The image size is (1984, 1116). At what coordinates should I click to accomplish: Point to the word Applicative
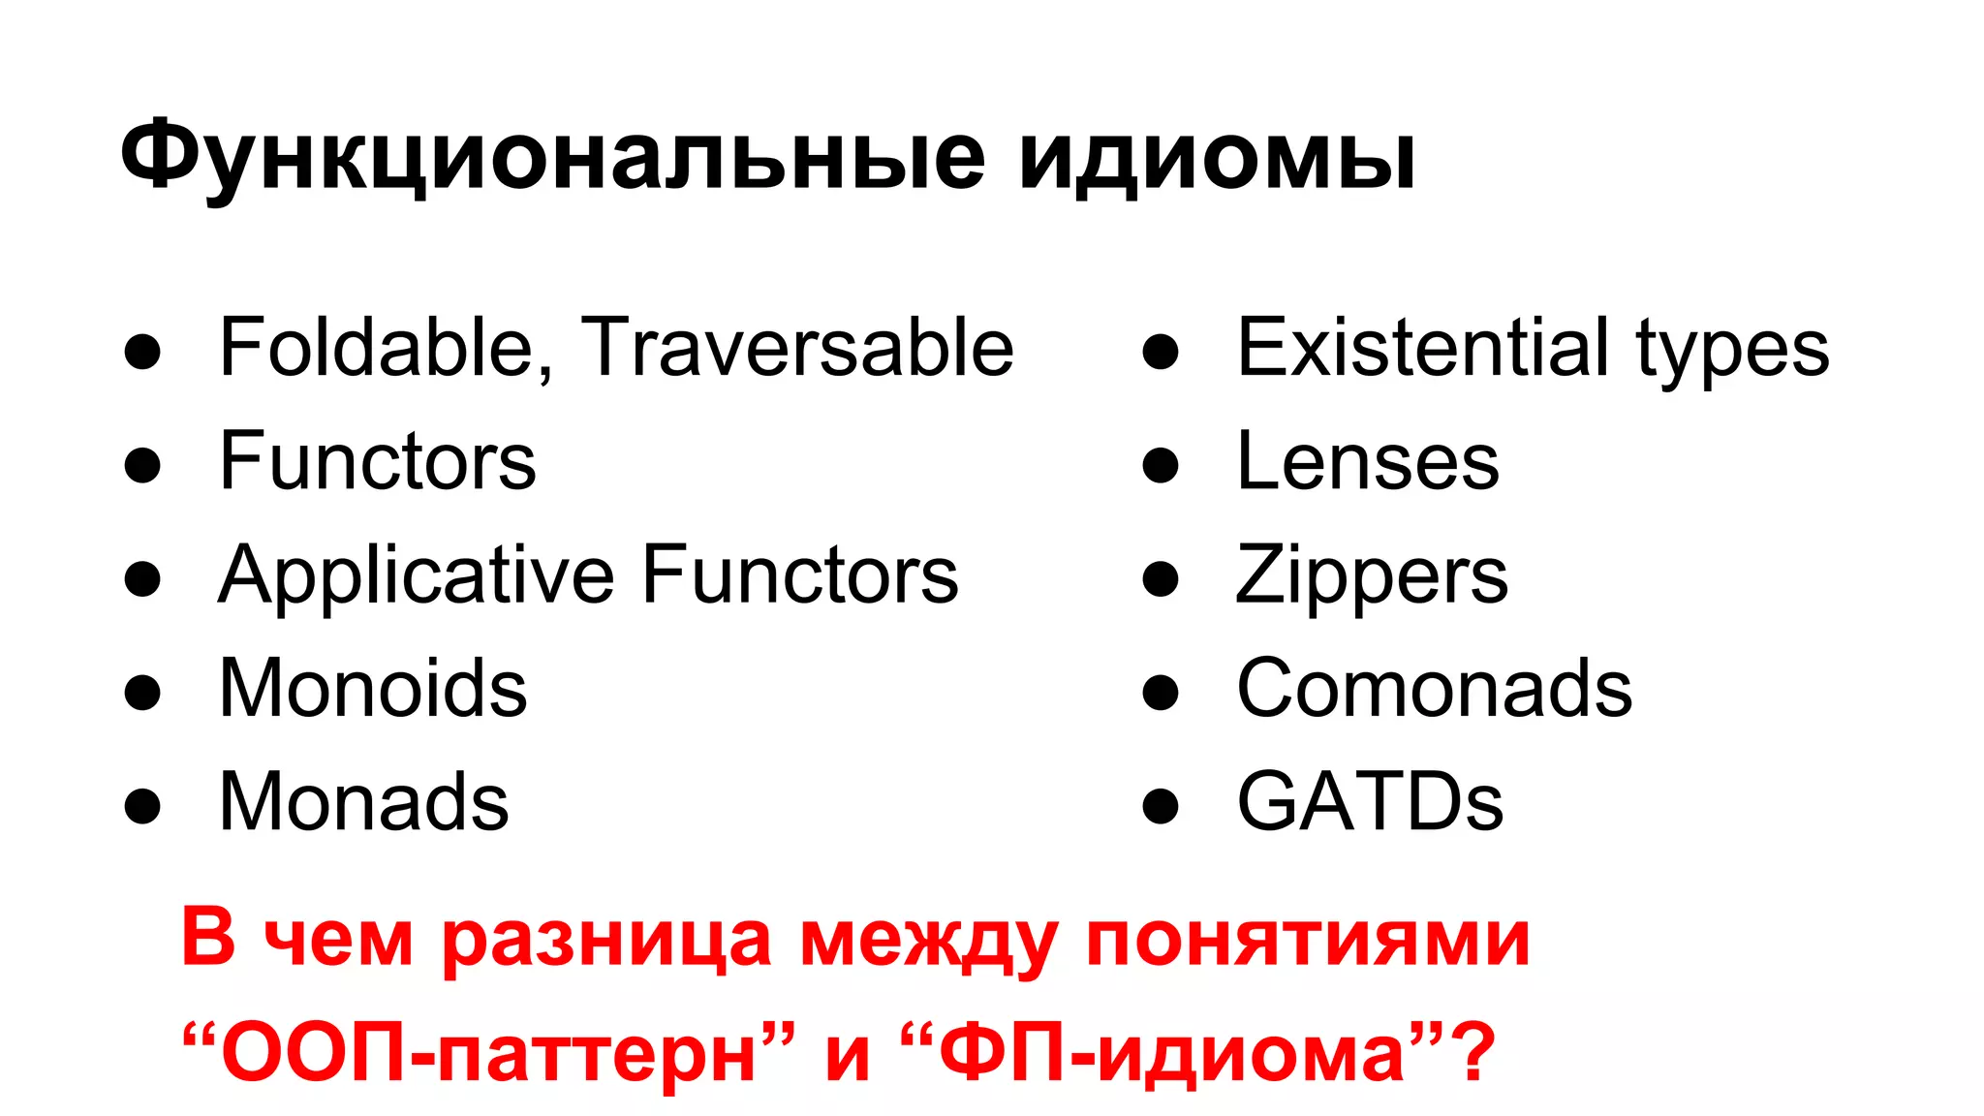pos(417,575)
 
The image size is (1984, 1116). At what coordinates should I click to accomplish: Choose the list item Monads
pos(363,801)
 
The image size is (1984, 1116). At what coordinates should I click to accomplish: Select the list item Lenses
pos(1368,462)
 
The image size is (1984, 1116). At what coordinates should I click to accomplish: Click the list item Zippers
pos(1372,577)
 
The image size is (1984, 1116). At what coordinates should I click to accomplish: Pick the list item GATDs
pos(1370,801)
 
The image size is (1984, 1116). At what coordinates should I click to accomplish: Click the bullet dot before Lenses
pos(1160,466)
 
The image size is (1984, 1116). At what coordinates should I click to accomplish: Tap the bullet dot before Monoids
pos(142,693)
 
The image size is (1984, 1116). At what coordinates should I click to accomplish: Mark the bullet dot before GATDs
pos(1160,806)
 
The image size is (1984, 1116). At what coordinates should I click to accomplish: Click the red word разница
pos(606,939)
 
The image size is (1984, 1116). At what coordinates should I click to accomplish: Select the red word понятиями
pos(1308,939)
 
